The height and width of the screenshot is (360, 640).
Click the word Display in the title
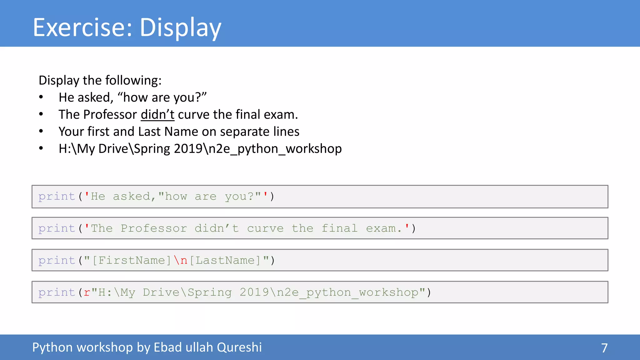pyautogui.click(x=180, y=28)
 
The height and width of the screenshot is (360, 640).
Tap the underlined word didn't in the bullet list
pyautogui.click(x=157, y=114)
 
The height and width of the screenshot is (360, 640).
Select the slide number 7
pyautogui.click(x=604, y=348)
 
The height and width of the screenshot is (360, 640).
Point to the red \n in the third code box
pyautogui.click(x=181, y=260)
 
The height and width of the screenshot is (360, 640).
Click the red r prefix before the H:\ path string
pyautogui.click(x=87, y=292)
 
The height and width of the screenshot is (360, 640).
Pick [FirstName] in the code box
pyautogui.click(x=132, y=260)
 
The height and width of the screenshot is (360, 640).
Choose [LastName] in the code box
pyautogui.click(x=225, y=260)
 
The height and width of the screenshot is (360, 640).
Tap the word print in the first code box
pyautogui.click(x=57, y=197)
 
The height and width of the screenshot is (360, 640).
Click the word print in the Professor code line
pyautogui.click(x=57, y=228)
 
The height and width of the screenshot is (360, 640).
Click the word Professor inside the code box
pyautogui.click(x=154, y=228)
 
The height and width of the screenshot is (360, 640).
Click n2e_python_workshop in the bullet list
pyautogui.click(x=275, y=149)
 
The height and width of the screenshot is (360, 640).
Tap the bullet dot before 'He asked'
pyautogui.click(x=41, y=97)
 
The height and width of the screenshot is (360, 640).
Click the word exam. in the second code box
pyautogui.click(x=384, y=228)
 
